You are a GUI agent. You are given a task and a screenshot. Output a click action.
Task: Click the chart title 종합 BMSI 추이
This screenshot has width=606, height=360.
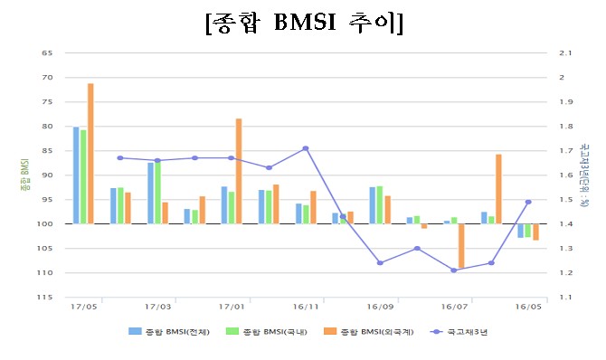point(304,24)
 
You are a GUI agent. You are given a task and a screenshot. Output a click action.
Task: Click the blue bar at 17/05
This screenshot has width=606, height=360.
point(76,175)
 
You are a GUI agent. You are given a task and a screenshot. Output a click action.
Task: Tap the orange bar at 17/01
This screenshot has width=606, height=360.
point(239,171)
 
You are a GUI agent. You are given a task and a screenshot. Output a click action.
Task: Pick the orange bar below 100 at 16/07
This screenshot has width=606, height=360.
point(461,246)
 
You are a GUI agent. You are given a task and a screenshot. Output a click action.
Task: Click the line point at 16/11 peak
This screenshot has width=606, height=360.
point(306,148)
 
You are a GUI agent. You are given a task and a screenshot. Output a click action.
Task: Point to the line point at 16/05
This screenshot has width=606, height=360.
point(528,202)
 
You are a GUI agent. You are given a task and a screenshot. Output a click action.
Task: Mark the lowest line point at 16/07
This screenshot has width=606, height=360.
point(453,270)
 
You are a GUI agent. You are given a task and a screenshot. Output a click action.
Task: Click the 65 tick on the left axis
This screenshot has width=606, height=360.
point(46,52)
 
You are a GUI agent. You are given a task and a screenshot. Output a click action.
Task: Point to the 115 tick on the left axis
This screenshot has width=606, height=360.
point(44,297)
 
